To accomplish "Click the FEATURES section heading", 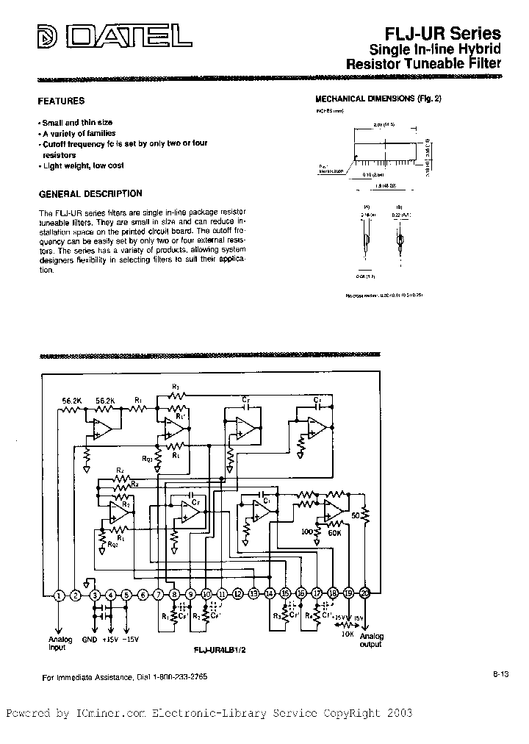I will (x=61, y=101).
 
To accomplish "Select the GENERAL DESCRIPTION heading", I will (x=90, y=194).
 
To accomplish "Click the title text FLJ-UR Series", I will (x=443, y=33).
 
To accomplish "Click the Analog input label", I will (x=57, y=643).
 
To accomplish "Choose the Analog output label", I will (x=371, y=640).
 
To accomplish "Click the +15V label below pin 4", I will (x=110, y=640).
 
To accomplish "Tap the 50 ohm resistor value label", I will (x=355, y=516).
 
